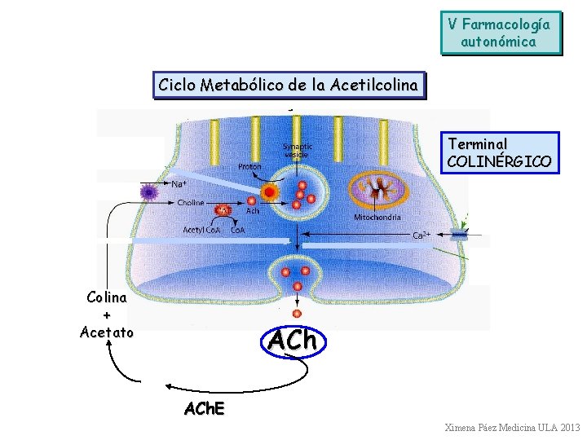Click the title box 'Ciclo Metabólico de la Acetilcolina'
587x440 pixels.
click(289, 85)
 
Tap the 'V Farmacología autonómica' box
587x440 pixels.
click(501, 33)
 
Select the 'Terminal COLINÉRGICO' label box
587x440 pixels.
click(501, 152)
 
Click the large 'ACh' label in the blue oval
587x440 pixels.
click(291, 340)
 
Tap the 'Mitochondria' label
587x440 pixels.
click(377, 218)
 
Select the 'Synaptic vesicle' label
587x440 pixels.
click(298, 150)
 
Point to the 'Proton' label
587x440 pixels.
click(249, 166)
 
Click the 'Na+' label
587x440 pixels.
click(179, 183)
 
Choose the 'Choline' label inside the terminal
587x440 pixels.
click(191, 202)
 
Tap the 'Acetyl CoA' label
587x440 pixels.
click(201, 230)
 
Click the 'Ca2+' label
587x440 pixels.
click(421, 235)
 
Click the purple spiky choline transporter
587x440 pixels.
click(148, 192)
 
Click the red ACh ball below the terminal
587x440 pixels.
click(297, 313)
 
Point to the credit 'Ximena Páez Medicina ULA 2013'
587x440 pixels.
click(512, 428)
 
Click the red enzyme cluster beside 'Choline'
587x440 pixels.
click(223, 211)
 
